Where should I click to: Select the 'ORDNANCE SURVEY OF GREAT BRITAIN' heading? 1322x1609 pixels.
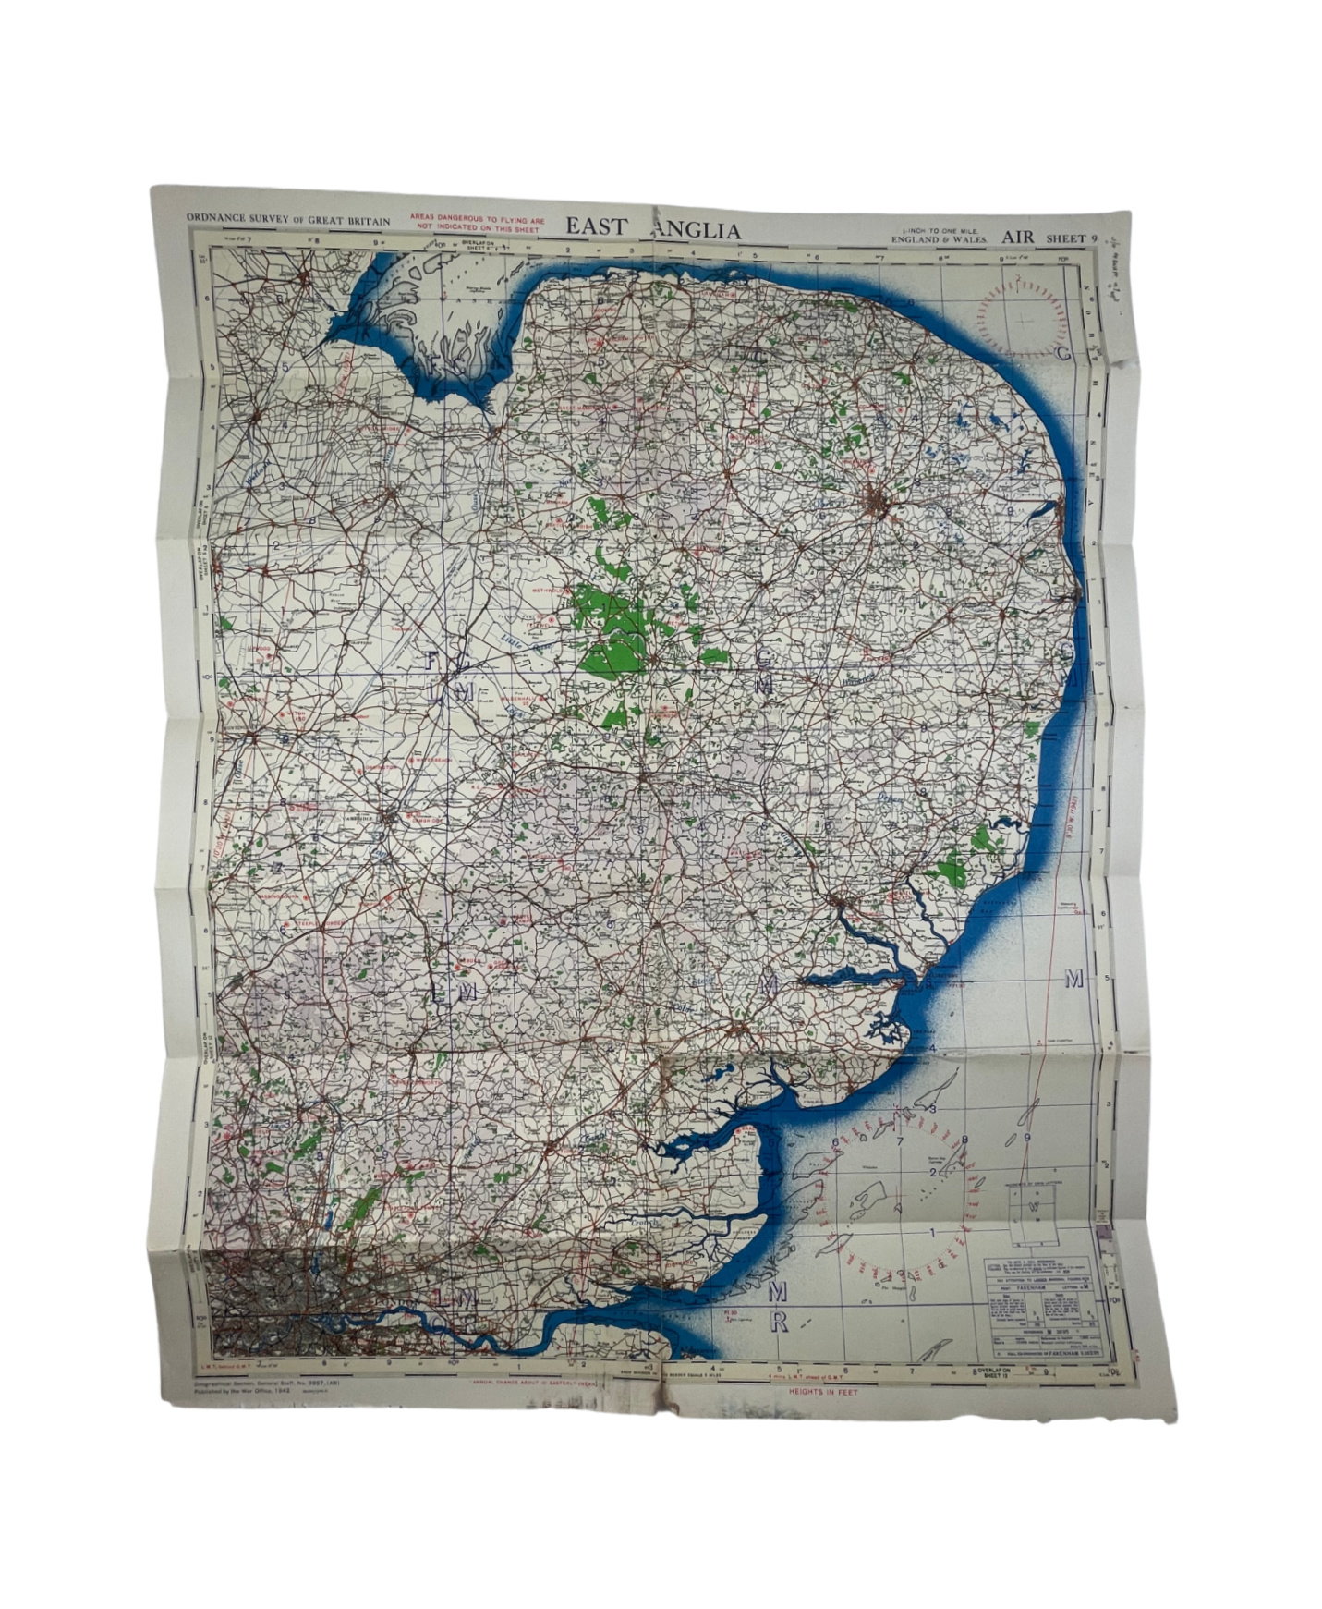[288, 220]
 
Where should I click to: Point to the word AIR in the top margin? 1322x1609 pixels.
[1017, 238]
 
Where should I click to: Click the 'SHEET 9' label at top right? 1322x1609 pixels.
[1072, 238]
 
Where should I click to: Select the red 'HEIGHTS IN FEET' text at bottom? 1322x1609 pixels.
[822, 1391]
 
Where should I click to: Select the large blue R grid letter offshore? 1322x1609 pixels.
[778, 1322]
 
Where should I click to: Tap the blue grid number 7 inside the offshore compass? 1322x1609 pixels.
[900, 1139]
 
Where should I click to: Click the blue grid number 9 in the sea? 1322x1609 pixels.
[1027, 1138]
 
